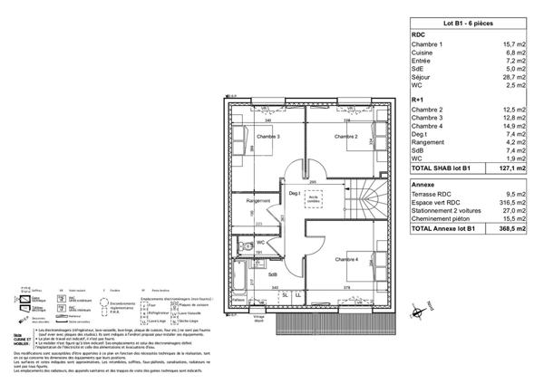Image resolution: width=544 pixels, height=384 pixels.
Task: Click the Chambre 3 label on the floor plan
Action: pos(267,137)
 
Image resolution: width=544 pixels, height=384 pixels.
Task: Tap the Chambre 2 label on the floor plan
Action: pos(345,137)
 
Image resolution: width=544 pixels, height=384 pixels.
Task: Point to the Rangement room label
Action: pos(259,201)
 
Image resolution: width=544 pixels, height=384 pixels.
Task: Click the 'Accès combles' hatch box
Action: pos(314,197)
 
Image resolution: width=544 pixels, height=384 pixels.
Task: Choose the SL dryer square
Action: pos(285,295)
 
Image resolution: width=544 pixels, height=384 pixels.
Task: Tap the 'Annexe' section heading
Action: pos(423,184)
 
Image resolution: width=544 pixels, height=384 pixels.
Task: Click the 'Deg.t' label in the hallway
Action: pos(295,193)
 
